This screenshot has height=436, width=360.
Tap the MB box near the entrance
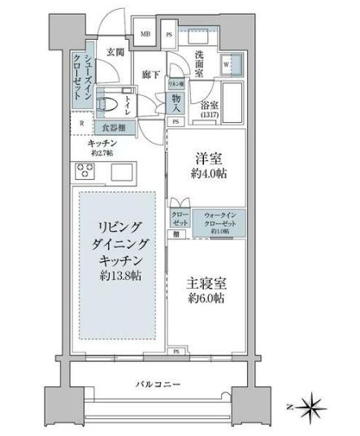point(145,34)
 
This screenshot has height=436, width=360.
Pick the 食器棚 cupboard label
point(113,127)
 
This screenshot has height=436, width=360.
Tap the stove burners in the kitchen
point(85,171)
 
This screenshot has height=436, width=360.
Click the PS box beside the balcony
point(176,351)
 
